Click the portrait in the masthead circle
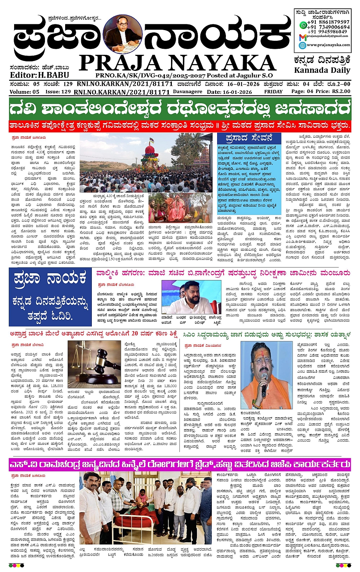(x=123, y=34)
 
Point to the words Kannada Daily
(x=322, y=70)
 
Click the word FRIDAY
(x=273, y=92)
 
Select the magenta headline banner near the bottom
(x=180, y=464)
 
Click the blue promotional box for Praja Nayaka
(x=50, y=297)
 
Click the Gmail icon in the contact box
(x=302, y=37)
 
